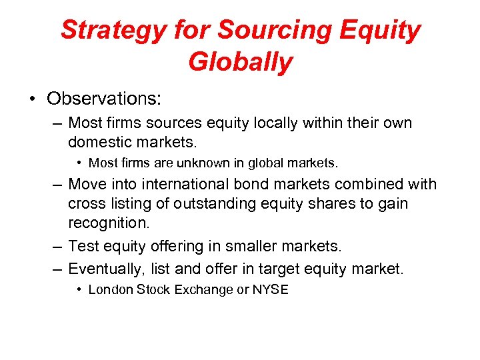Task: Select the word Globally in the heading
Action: tap(240, 63)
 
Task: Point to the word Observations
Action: tap(104, 99)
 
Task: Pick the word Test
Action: tap(83, 247)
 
